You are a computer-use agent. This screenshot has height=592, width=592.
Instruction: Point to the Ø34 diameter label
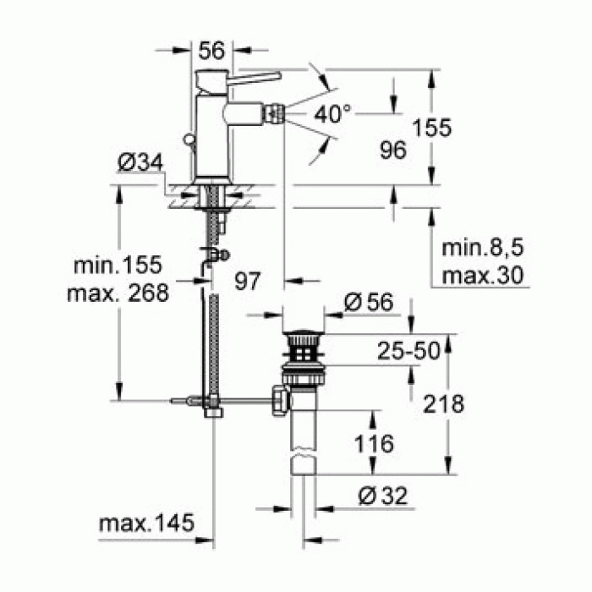139,163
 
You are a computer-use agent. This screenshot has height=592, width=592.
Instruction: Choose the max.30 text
478,276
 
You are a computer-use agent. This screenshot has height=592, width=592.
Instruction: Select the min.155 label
117,266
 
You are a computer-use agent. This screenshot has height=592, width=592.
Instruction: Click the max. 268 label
117,293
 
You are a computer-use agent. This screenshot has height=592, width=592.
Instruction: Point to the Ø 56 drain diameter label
370,302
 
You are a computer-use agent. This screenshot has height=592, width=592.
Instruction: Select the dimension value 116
373,442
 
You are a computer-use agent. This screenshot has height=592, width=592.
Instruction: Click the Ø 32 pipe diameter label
375,496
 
